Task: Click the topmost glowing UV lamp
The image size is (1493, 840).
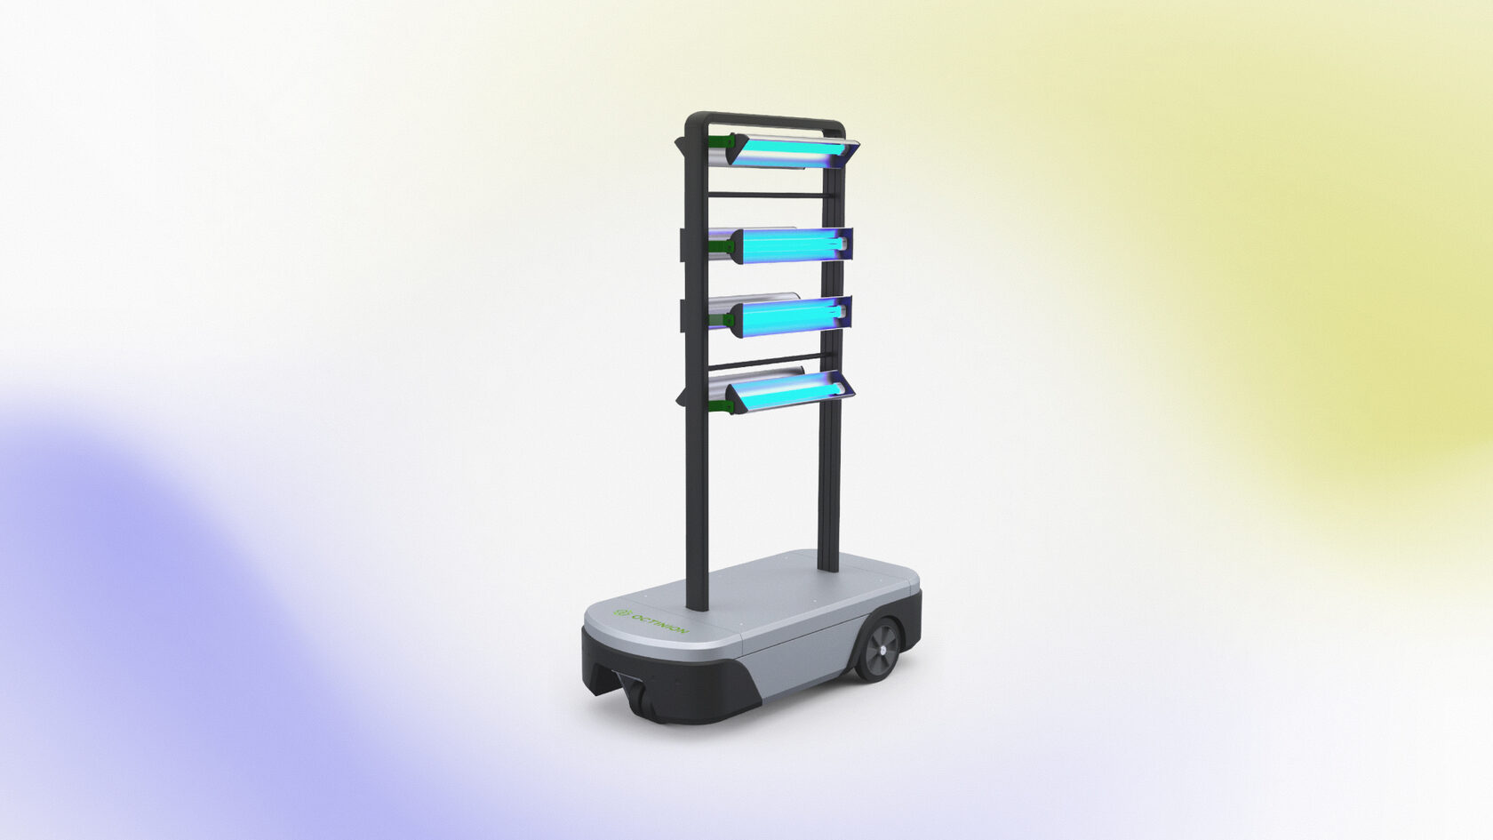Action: click(x=792, y=152)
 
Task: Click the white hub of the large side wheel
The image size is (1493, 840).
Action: click(x=883, y=649)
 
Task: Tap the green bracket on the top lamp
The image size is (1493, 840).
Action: click(x=721, y=142)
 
